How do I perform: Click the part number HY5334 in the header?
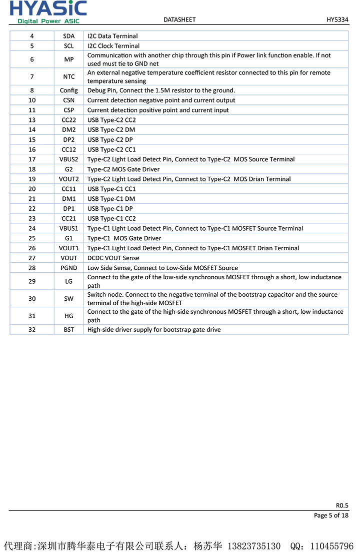pos(337,19)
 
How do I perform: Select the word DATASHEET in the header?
pos(179,19)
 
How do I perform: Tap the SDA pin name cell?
pos(68,36)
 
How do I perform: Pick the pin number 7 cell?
pos(32,77)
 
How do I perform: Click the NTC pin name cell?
pos(68,77)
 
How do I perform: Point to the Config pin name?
pos(68,90)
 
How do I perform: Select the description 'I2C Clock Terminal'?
pos(113,46)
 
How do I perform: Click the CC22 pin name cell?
pos(68,120)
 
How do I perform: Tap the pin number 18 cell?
pos(32,169)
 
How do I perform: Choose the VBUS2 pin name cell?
pos(68,159)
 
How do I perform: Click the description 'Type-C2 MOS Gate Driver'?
pos(123,169)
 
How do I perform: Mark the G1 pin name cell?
pos(68,238)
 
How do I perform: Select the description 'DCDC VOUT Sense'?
pos(113,258)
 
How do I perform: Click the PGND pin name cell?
pos(68,268)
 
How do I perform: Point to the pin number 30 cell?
pos(32,299)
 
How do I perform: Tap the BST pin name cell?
pos(68,330)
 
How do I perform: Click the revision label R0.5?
pos(342,505)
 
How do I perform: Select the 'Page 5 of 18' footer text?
pos(331,516)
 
